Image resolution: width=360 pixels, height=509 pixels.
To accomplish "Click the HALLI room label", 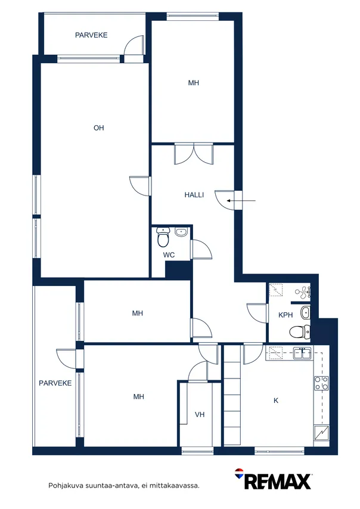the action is (194, 195).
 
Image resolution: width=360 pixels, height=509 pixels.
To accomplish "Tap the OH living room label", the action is (99, 128).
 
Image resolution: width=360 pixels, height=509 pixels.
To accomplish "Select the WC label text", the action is (169, 255).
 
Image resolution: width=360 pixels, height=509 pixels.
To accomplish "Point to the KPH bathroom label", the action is (285, 315).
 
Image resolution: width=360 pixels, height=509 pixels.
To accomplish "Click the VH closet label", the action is (200, 414).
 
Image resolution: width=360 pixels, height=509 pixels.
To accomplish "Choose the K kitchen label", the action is (276, 401).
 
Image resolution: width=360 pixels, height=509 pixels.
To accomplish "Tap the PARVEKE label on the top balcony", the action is (91, 35).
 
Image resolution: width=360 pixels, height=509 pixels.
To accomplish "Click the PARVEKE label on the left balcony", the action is (55, 383).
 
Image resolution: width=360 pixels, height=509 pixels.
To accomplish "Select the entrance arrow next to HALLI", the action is (241, 201).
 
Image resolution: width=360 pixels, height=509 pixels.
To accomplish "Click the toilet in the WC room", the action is (163, 237).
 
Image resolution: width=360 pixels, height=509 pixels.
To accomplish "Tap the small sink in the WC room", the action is (181, 232).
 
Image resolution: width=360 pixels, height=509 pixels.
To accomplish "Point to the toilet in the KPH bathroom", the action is (300, 332).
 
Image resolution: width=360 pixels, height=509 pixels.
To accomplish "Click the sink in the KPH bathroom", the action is (305, 313).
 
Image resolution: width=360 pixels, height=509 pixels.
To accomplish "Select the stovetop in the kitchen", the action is (321, 383).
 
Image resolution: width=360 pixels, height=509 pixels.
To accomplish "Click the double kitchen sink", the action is (302, 353).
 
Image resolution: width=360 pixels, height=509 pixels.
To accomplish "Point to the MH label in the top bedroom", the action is (194, 83).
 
